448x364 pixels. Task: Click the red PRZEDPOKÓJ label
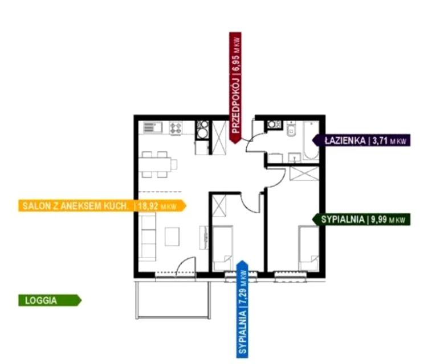pyautogui.click(x=235, y=88)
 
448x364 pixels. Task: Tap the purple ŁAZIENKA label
pyautogui.click(x=361, y=140)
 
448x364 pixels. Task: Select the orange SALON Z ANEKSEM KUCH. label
pyautogui.click(x=102, y=205)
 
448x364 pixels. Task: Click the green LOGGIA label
pyautogui.click(x=50, y=300)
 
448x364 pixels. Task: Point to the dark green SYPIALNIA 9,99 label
pyautogui.click(x=361, y=219)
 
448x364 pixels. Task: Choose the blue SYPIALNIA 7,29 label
pyautogui.click(x=242, y=309)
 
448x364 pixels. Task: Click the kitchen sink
pyautogui.click(x=152, y=127)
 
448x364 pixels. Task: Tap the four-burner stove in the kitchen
pyautogui.click(x=176, y=128)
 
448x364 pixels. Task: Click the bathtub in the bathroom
pyautogui.click(x=311, y=140)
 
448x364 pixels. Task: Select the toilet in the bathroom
pyautogui.click(x=291, y=130)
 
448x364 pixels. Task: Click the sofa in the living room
pyautogui.click(x=147, y=237)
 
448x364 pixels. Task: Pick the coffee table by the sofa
pyautogui.click(x=172, y=236)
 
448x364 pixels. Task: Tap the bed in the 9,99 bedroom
pyautogui.click(x=308, y=248)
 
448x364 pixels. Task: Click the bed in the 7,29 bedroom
pyautogui.click(x=223, y=248)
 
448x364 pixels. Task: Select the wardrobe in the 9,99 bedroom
pyautogui.click(x=304, y=173)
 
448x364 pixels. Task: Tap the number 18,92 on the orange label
pyautogui.click(x=148, y=206)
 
